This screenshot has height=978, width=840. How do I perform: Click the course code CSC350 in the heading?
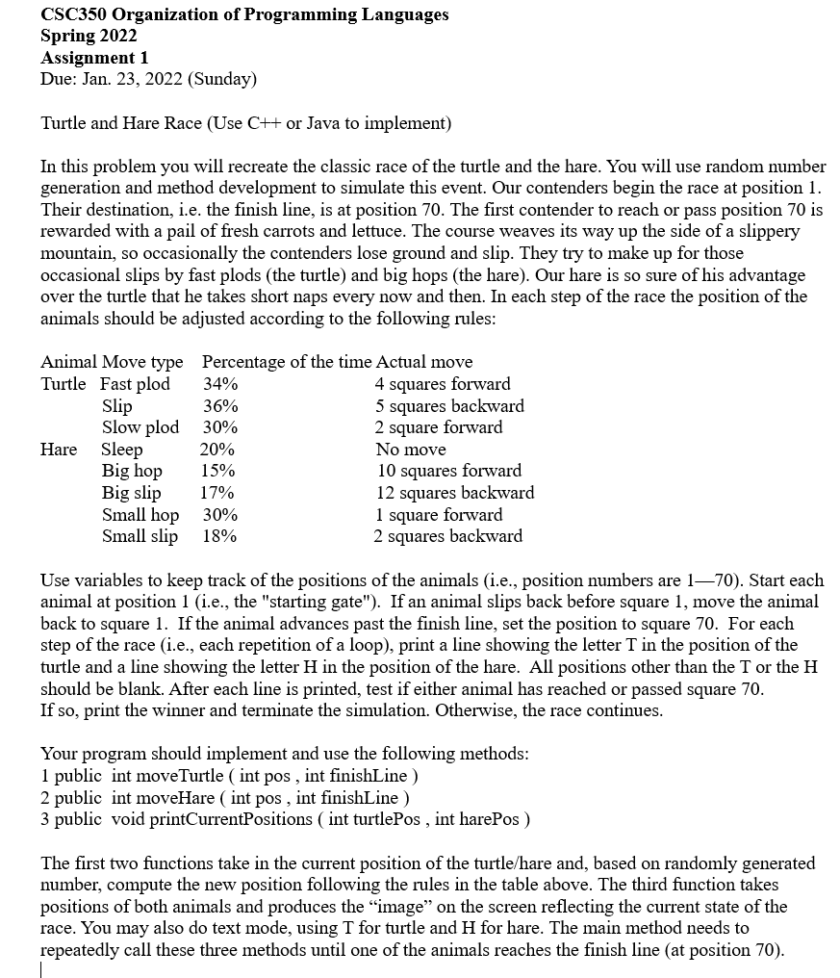pos(74,14)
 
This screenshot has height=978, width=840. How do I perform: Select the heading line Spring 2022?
pos(89,36)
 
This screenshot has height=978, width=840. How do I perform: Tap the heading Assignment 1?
pos(93,57)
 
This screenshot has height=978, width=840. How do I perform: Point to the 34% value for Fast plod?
pos(220,384)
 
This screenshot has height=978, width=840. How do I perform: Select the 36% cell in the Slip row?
pos(220,406)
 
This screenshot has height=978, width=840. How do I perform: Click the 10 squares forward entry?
pos(448,471)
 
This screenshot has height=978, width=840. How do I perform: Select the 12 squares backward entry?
pos(454,493)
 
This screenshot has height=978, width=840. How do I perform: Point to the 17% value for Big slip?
pos(216,493)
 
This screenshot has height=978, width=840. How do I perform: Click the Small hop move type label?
pos(140,514)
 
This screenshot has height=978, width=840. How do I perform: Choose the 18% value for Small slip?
pos(219,536)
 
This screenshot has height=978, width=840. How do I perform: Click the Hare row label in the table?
pos(59,450)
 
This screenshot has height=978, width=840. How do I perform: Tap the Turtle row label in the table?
pos(63,384)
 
